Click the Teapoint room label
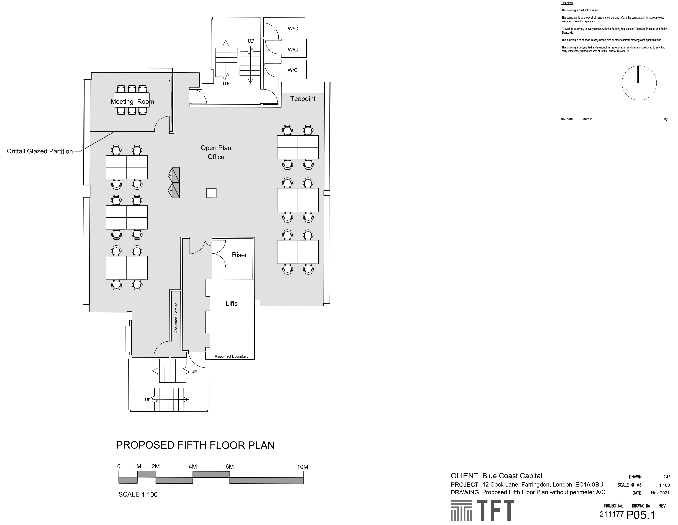click(x=303, y=99)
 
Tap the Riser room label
click(x=239, y=255)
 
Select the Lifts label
click(x=232, y=303)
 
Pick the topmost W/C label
click(x=293, y=29)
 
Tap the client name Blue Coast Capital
click(x=512, y=476)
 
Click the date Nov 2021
click(x=660, y=493)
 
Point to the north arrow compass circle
click(x=639, y=83)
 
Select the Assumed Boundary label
click(x=232, y=356)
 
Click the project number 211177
click(x=612, y=514)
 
